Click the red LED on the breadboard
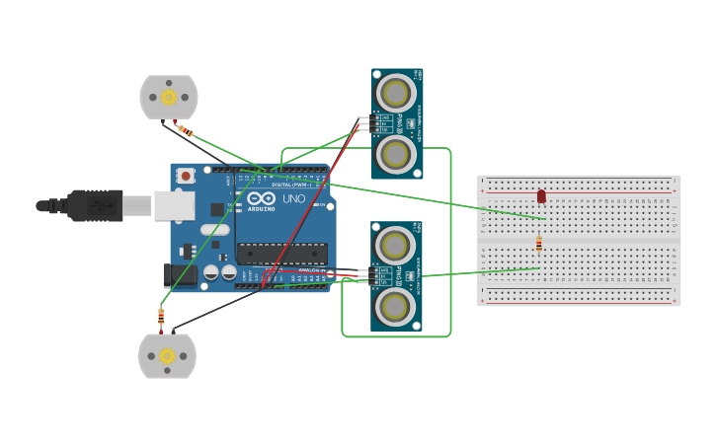[x=541, y=196]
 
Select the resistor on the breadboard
[x=538, y=244]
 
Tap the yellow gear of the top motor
[x=169, y=97]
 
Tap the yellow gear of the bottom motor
[x=167, y=355]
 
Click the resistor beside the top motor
[x=185, y=130]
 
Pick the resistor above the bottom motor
[x=161, y=317]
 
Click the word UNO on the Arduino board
[x=294, y=199]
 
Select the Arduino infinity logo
[x=262, y=198]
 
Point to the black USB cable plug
[x=97, y=205]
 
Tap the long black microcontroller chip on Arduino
[x=281, y=254]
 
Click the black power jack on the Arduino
[x=178, y=275]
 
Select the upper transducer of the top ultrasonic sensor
[x=396, y=94]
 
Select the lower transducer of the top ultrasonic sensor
[x=396, y=153]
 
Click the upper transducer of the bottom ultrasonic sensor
[x=395, y=246]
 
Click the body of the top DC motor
[x=169, y=97]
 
